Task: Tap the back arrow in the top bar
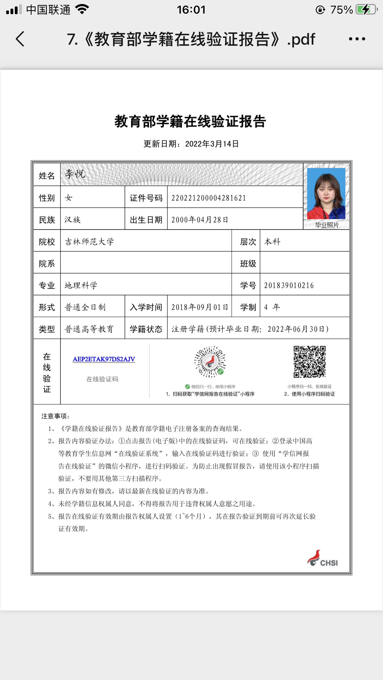[x=20, y=39]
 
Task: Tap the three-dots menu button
[x=357, y=39]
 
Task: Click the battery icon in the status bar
[x=366, y=10]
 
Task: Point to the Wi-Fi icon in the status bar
[x=82, y=9]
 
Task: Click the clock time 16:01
[x=191, y=10]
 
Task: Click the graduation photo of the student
[x=326, y=194]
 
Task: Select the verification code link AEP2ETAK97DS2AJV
[x=104, y=359]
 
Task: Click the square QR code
[x=309, y=362]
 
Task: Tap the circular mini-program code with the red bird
[x=210, y=362]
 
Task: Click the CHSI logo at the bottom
[x=323, y=559]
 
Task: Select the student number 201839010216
[x=289, y=285]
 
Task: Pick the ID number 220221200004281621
[x=209, y=198]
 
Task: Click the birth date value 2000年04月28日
[x=200, y=220]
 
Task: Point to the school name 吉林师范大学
[x=89, y=242]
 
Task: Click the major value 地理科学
[x=81, y=285]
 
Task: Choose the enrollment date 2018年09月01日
[x=200, y=307]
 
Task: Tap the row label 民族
[x=47, y=220]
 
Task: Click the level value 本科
[x=273, y=242]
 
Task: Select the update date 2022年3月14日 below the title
[x=212, y=144]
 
